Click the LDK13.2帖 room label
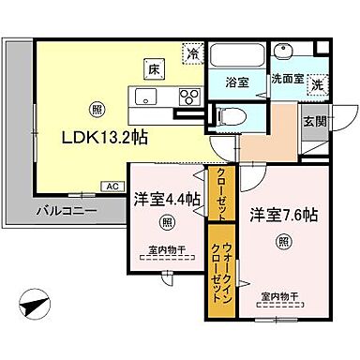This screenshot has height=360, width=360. click(x=105, y=137)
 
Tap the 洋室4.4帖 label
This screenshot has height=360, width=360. click(x=166, y=198)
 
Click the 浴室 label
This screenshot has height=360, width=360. click(x=238, y=82)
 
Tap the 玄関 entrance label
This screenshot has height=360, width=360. click(x=314, y=121)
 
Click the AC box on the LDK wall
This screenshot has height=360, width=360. click(x=112, y=186)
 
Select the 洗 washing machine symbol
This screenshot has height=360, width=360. click(x=316, y=82)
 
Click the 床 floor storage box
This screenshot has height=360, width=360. click(x=151, y=67)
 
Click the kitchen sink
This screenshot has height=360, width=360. click(x=147, y=96)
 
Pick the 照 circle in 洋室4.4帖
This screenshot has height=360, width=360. click(x=166, y=221)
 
